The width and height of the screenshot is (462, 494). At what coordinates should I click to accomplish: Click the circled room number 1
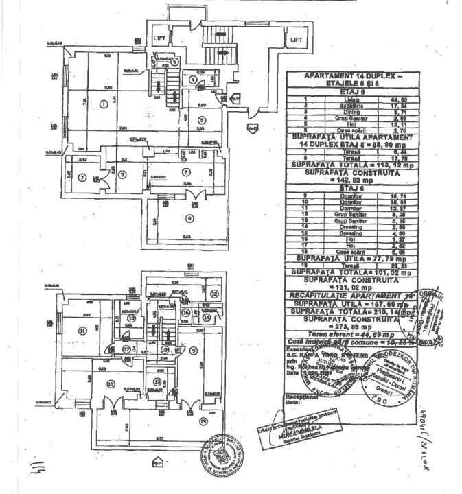coord(103,104)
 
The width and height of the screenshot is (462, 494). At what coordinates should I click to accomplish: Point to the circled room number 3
coord(122,174)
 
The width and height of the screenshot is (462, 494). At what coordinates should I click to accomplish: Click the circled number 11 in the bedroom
coord(82,330)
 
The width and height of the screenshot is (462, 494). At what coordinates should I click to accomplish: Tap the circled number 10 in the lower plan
coord(110,384)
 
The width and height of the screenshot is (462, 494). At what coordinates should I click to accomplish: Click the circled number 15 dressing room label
coord(157,381)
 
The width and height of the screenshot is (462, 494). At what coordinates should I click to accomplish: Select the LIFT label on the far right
coord(297,40)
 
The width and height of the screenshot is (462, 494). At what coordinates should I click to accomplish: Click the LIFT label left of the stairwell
coord(160,38)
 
